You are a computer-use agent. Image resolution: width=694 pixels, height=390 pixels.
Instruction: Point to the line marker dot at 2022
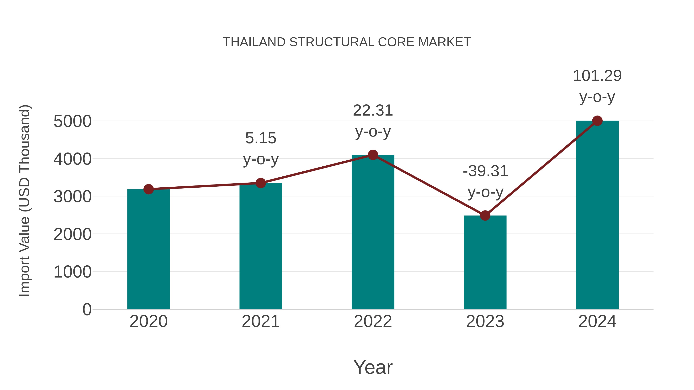[373, 155]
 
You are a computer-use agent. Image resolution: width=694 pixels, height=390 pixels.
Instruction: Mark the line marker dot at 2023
[485, 216]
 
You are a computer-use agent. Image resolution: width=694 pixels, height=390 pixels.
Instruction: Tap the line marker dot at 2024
[597, 121]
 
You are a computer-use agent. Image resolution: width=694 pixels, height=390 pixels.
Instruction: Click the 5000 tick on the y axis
[72, 121]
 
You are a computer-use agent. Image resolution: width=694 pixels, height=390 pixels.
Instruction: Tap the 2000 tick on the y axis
[72, 234]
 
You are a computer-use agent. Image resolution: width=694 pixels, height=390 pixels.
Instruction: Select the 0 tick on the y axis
[87, 309]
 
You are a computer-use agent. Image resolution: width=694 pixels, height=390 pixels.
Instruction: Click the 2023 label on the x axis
[485, 321]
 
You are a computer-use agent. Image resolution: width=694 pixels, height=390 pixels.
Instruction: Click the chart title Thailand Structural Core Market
[347, 42]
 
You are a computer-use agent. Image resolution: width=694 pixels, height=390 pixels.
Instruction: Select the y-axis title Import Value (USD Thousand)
[24, 200]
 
